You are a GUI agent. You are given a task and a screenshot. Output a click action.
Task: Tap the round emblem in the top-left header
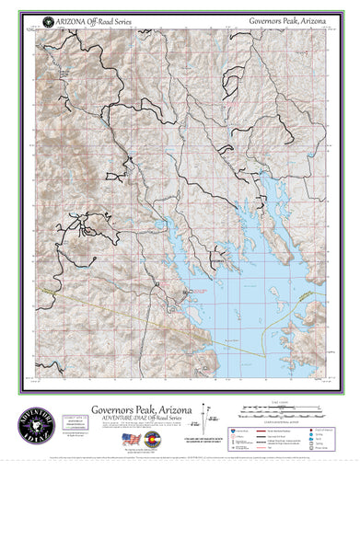tap(36, 19)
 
